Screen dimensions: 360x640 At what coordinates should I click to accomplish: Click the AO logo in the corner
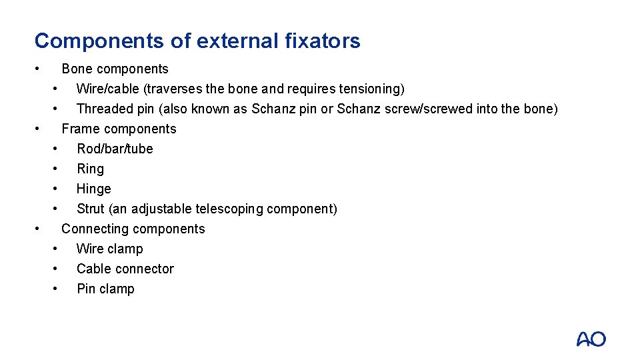point(591,339)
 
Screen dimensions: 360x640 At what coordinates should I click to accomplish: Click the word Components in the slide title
point(99,41)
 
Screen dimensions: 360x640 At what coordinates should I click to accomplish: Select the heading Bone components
point(115,69)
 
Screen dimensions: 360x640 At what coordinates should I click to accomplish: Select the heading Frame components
point(119,129)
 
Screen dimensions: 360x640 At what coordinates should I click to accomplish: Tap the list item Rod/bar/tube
point(115,149)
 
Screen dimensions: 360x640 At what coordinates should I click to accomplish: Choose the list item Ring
point(90,169)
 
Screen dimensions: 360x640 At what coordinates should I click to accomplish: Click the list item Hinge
point(93,189)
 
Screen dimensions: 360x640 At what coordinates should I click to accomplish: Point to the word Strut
point(91,209)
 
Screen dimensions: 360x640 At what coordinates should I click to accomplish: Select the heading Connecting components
point(133,229)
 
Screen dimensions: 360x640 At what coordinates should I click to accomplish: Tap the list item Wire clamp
point(109,249)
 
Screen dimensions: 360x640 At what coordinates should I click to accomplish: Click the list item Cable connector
point(125,269)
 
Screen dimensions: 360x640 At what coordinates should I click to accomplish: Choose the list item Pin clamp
point(105,289)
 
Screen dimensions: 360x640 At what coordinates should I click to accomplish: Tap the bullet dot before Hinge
point(57,188)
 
